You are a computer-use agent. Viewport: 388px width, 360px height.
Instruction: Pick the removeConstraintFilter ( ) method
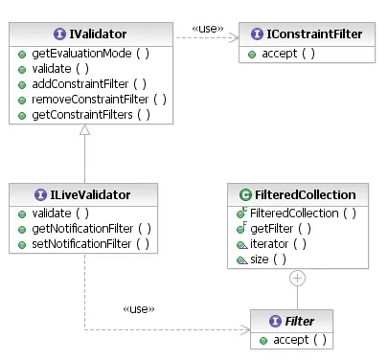point(92,99)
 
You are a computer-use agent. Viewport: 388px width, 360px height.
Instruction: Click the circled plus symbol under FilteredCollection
point(297,279)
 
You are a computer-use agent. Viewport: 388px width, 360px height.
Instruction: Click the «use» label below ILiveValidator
point(138,309)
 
